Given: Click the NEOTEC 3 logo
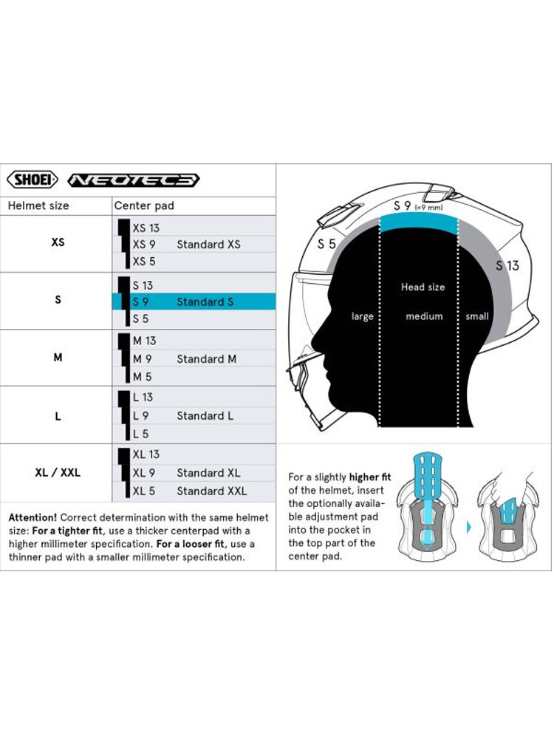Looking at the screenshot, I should tap(133, 180).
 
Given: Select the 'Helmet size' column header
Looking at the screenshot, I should tap(38, 205).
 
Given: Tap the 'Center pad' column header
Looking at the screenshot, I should tap(143, 205).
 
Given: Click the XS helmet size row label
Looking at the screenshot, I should tap(58, 242).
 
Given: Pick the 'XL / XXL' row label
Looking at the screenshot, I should tap(58, 472).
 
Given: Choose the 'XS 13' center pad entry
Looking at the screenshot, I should tap(146, 228).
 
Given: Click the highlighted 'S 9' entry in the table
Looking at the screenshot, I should tap(140, 302).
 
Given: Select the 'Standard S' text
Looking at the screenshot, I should tap(205, 302).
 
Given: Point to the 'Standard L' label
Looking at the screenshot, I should tap(205, 415).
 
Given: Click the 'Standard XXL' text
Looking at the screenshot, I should tap(211, 491).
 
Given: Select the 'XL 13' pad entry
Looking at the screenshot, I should tap(146, 454).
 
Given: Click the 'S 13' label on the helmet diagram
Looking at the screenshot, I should tap(507, 265).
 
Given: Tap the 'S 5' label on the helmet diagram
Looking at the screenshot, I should tap(326, 244).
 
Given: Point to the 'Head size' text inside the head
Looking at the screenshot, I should tap(423, 287).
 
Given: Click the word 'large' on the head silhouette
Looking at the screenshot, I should tap(363, 316).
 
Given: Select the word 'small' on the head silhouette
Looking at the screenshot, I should tap(477, 316).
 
